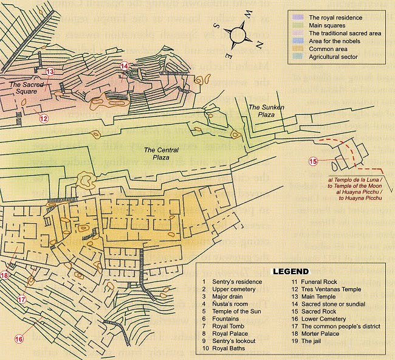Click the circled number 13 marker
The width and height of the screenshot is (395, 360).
pyautogui.click(x=50, y=72)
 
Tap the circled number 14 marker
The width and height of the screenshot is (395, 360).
pyautogui.click(x=125, y=66)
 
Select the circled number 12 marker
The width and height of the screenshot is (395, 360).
pyautogui.click(x=43, y=119)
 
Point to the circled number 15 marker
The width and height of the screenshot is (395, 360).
pyautogui.click(x=314, y=161)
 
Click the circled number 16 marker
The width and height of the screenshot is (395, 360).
pyautogui.click(x=19, y=339)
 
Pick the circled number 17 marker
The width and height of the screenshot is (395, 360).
pyautogui.click(x=22, y=299)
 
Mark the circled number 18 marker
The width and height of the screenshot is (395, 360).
pyautogui.click(x=5, y=275)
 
